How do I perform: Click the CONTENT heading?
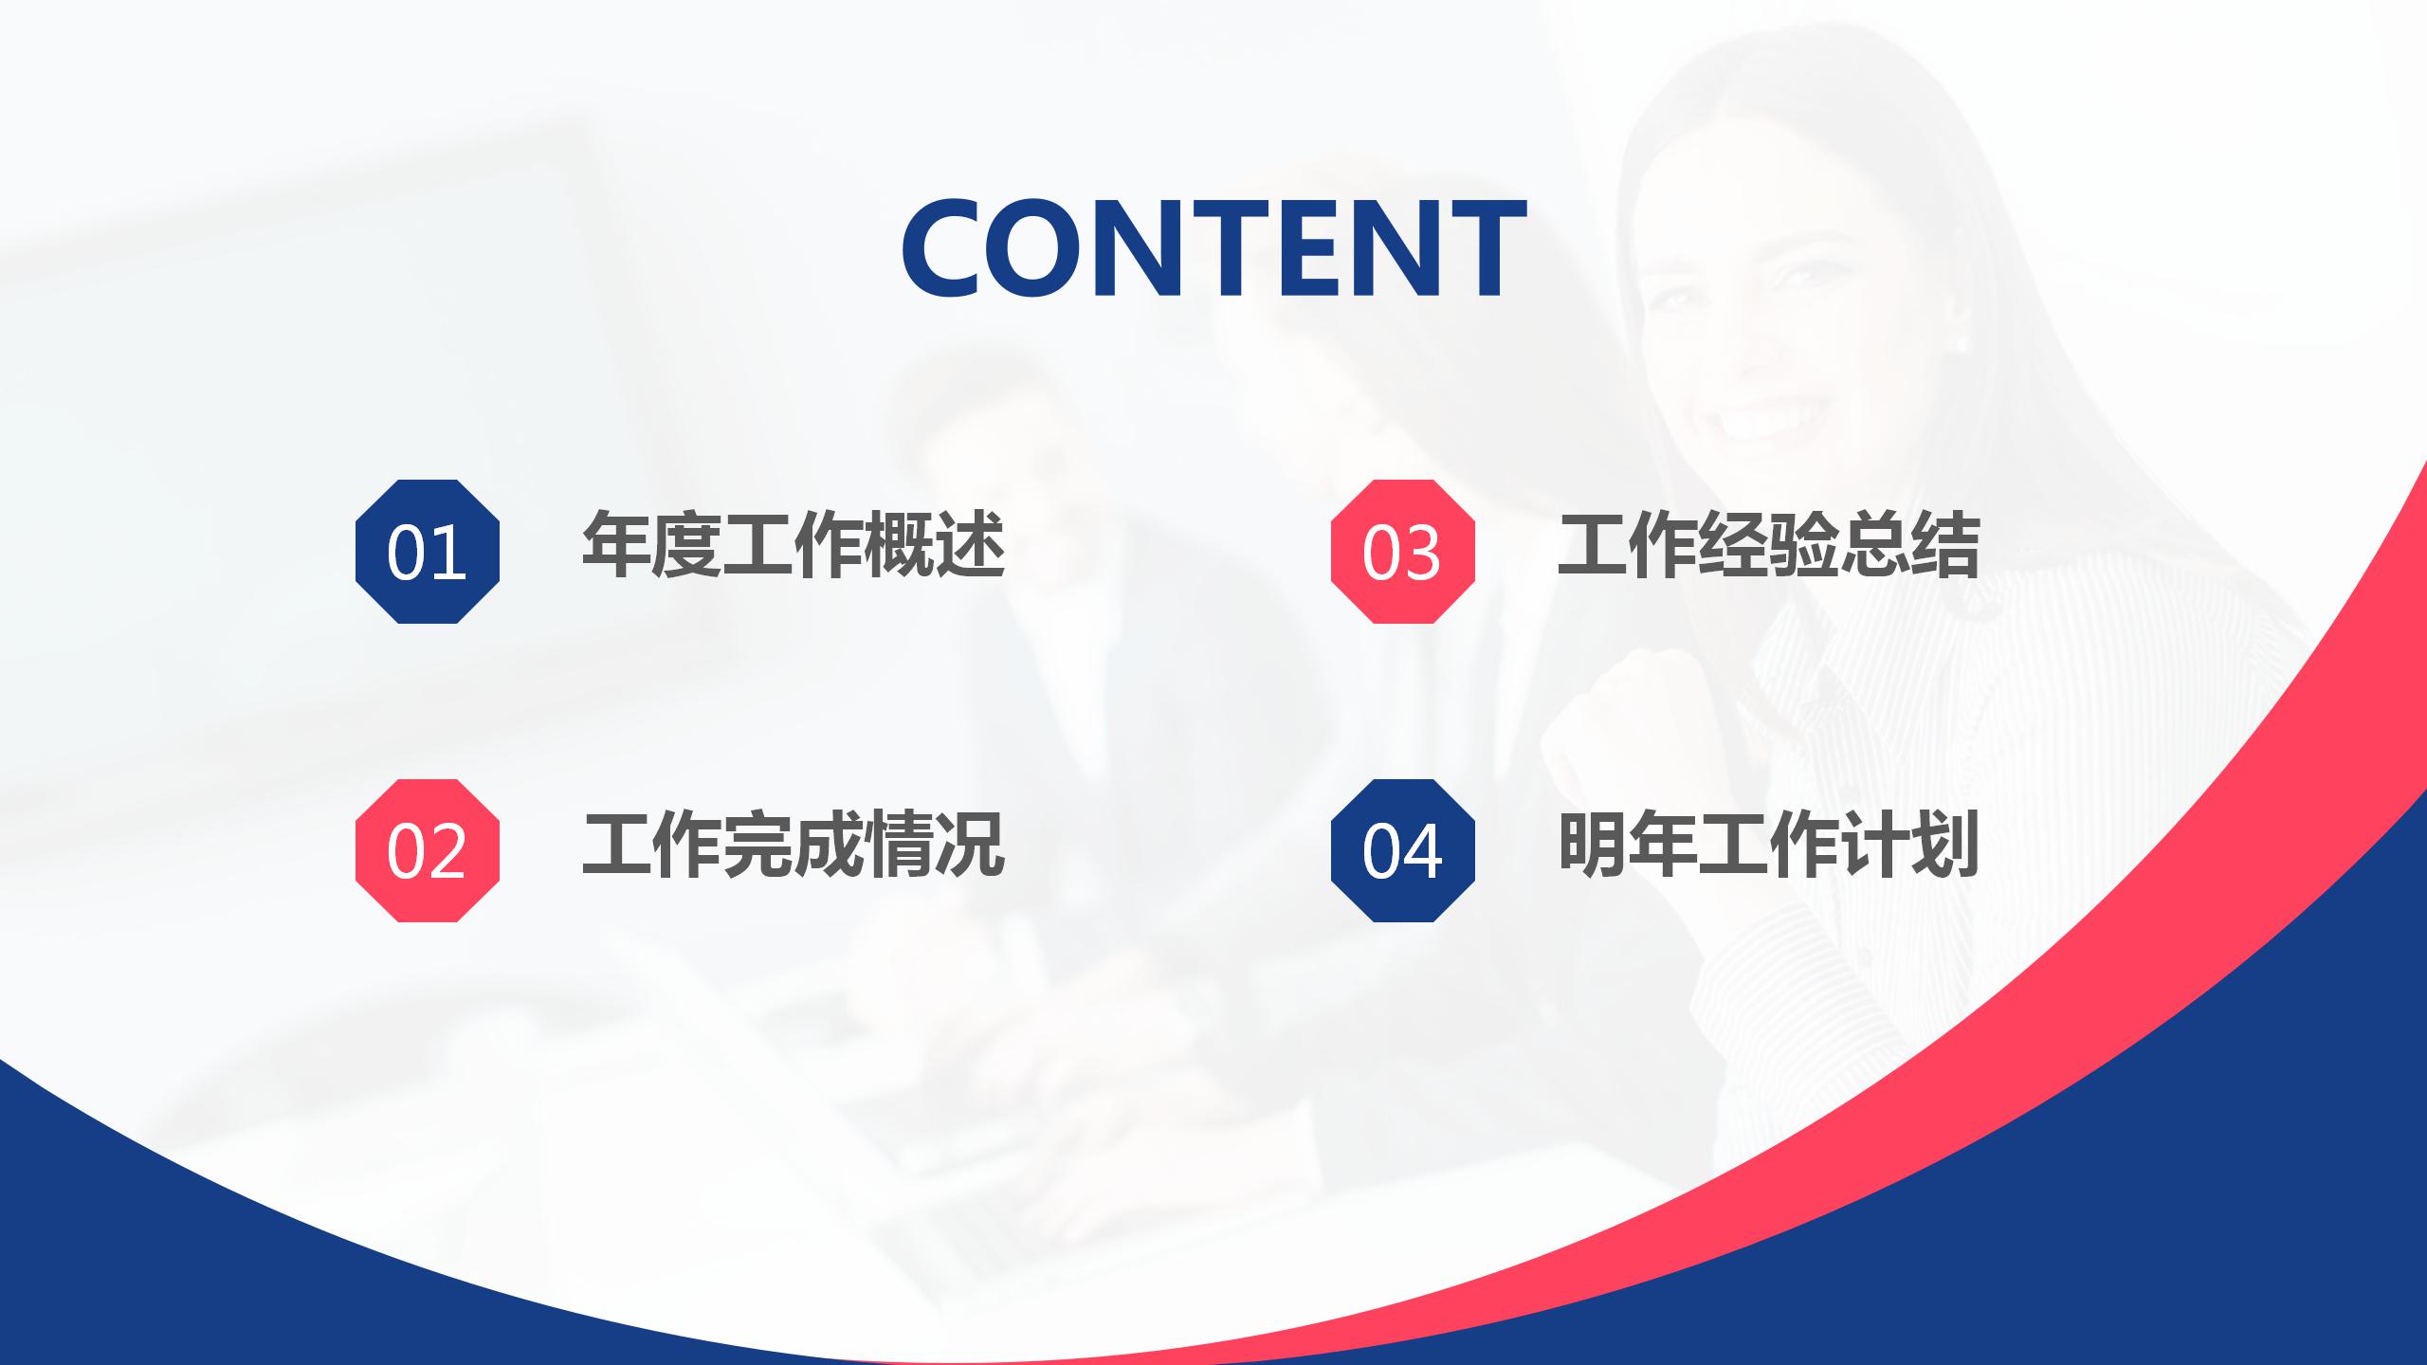[x=1213, y=247]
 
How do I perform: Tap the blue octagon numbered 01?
[x=427, y=552]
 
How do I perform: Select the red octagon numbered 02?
[x=427, y=850]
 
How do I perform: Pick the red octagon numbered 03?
[x=1402, y=552]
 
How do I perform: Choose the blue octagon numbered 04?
[x=1402, y=850]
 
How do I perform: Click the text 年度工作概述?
[x=793, y=545]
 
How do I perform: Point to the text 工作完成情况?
[x=793, y=845]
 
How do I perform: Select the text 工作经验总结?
[x=1768, y=545]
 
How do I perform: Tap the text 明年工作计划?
[x=1768, y=845]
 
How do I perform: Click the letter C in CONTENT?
[x=948, y=248]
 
